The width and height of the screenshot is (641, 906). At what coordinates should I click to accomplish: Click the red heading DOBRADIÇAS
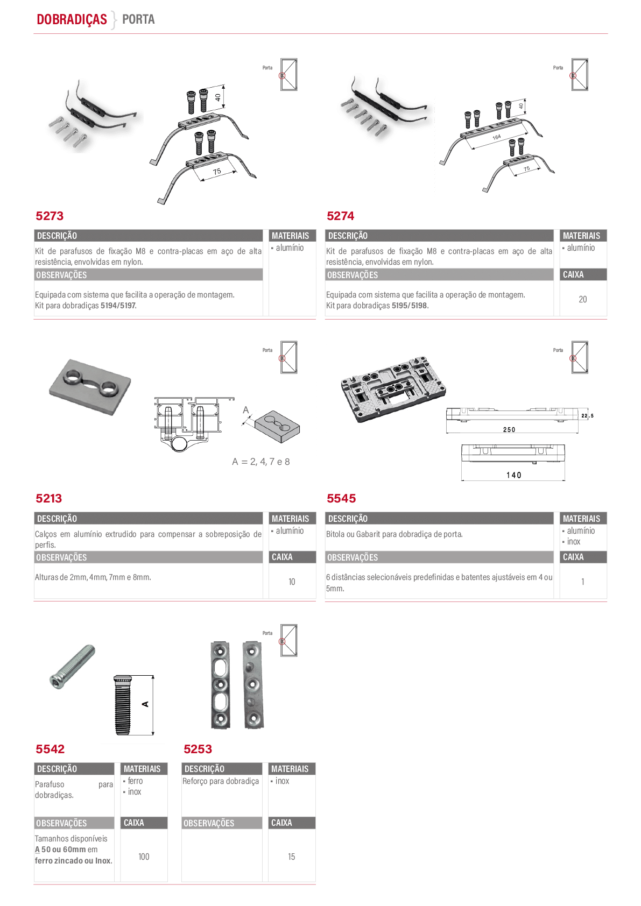coord(72,19)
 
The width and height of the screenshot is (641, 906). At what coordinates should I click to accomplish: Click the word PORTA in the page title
coord(138,19)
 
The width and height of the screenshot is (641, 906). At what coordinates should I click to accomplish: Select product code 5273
coord(50,216)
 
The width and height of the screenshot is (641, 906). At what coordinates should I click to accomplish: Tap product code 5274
coord(340,216)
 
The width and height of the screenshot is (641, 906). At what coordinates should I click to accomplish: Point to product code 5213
coord(48,498)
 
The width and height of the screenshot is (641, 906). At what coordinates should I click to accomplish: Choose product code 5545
coord(341,498)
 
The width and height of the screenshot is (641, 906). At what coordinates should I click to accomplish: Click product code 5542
coord(50,749)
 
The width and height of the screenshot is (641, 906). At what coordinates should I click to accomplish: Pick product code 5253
coord(198,749)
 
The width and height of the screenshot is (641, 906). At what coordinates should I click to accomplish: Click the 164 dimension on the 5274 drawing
coord(497,137)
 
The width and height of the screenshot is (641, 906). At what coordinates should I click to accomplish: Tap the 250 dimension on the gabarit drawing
coord(509,429)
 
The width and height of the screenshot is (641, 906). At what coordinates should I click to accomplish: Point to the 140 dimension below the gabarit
coord(513,475)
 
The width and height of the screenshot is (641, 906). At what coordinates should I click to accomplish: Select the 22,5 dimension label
coord(588,416)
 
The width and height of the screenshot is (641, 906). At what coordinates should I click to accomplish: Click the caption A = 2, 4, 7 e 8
coord(261,462)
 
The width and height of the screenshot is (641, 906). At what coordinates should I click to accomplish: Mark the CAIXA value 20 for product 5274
coord(583,299)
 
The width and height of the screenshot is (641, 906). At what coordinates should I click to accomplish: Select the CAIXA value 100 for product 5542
coord(144,857)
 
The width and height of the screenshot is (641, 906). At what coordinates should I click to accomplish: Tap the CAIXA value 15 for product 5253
coord(291,857)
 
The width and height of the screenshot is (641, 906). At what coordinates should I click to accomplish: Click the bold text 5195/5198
coord(409,306)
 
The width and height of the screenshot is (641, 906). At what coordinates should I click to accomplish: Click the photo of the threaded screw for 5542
coord(73,666)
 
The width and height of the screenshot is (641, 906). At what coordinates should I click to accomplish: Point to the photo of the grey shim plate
coord(90,387)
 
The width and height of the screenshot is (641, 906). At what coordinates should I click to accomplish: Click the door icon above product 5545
coord(580,357)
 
